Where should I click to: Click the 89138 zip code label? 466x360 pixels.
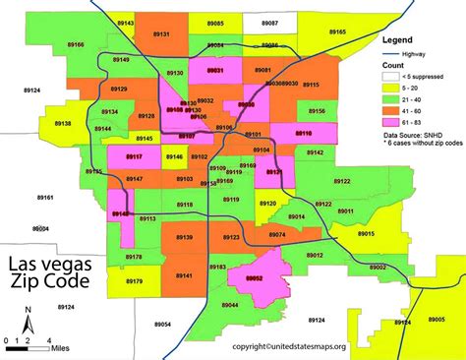61,124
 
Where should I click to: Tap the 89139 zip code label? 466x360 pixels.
184,238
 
